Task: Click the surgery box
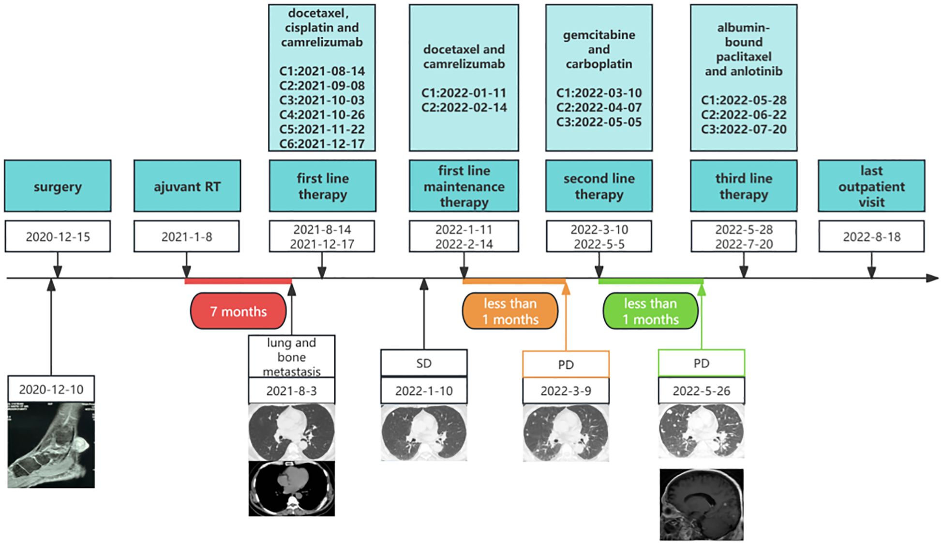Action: click(58, 186)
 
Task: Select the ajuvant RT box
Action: click(187, 186)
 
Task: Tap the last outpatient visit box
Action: click(871, 186)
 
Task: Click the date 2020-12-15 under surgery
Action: click(58, 236)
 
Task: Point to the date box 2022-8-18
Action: click(871, 236)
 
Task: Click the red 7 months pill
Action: click(238, 311)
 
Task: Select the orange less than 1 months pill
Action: click(510, 311)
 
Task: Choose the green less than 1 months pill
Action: click(650, 311)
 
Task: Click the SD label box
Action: click(424, 363)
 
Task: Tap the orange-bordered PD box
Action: click(566, 364)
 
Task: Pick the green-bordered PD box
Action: click(702, 363)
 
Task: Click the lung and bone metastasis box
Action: click(292, 357)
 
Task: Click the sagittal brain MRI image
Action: click(702, 504)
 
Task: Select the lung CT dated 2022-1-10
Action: click(424, 433)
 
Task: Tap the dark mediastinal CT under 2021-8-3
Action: click(292, 488)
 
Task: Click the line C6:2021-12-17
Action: click(322, 143)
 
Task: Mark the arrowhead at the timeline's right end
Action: click(938, 278)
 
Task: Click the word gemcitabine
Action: click(599, 35)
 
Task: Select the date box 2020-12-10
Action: click(51, 389)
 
